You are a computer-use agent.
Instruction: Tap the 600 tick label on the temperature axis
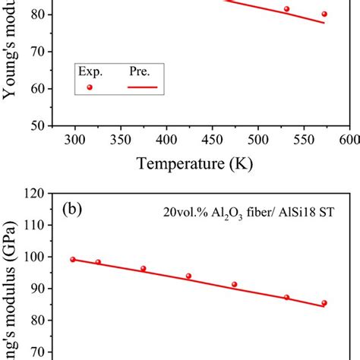pyautogui.click(x=349, y=140)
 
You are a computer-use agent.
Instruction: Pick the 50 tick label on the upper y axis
pyautogui.click(x=38, y=125)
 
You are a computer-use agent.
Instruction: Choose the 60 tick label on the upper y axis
pyautogui.click(x=38, y=88)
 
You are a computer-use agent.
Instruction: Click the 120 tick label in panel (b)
pyautogui.click(x=34, y=194)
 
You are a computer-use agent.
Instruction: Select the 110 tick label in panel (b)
pyautogui.click(x=34, y=226)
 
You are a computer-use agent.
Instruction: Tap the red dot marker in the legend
pyautogui.click(x=90, y=87)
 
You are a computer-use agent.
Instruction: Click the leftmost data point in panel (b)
pyautogui.click(x=73, y=259)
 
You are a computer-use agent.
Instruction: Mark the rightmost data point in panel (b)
pyautogui.click(x=324, y=303)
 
